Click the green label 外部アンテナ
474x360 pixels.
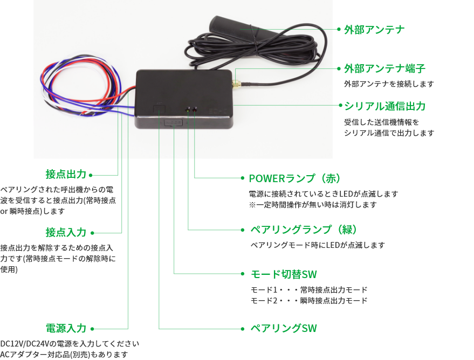(x=374, y=30)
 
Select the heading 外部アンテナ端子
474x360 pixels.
(x=384, y=69)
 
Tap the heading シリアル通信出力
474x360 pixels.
(x=384, y=106)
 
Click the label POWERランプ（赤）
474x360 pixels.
(x=295, y=178)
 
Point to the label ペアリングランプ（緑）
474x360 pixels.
(x=303, y=230)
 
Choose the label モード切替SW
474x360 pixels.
(x=283, y=274)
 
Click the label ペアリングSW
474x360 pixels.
(x=284, y=328)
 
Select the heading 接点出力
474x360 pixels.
(x=66, y=175)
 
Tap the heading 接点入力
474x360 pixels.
(x=66, y=232)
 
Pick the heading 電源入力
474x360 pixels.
(x=66, y=328)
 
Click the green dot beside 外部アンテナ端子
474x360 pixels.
(x=339, y=69)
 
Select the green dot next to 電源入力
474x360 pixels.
(x=93, y=328)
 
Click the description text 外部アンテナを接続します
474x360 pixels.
(x=388, y=84)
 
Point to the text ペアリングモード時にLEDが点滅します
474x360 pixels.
(x=318, y=245)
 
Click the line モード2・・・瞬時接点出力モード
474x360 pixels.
(x=309, y=301)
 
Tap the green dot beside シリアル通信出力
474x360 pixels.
(x=339, y=106)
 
